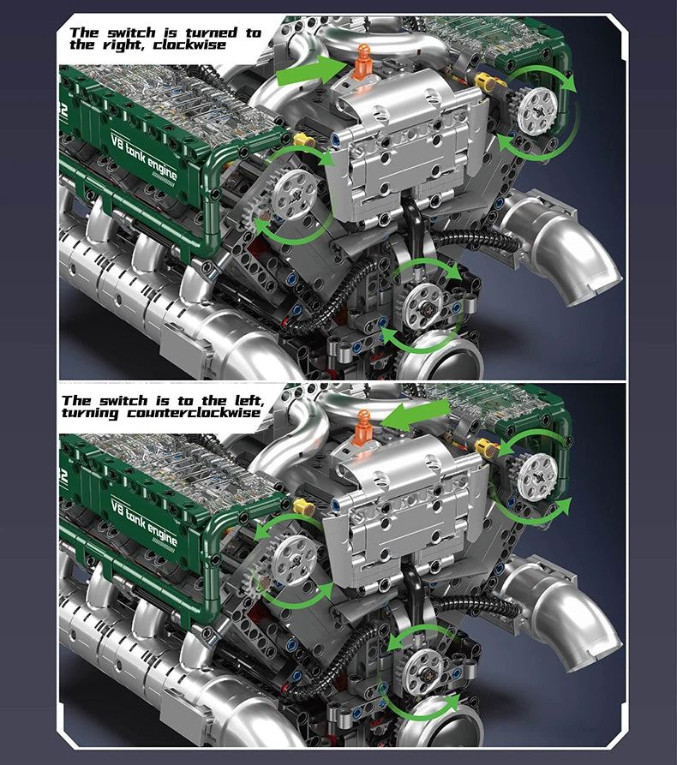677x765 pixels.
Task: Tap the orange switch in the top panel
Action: coord(362,68)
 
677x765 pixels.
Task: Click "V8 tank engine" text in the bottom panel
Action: coord(143,520)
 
